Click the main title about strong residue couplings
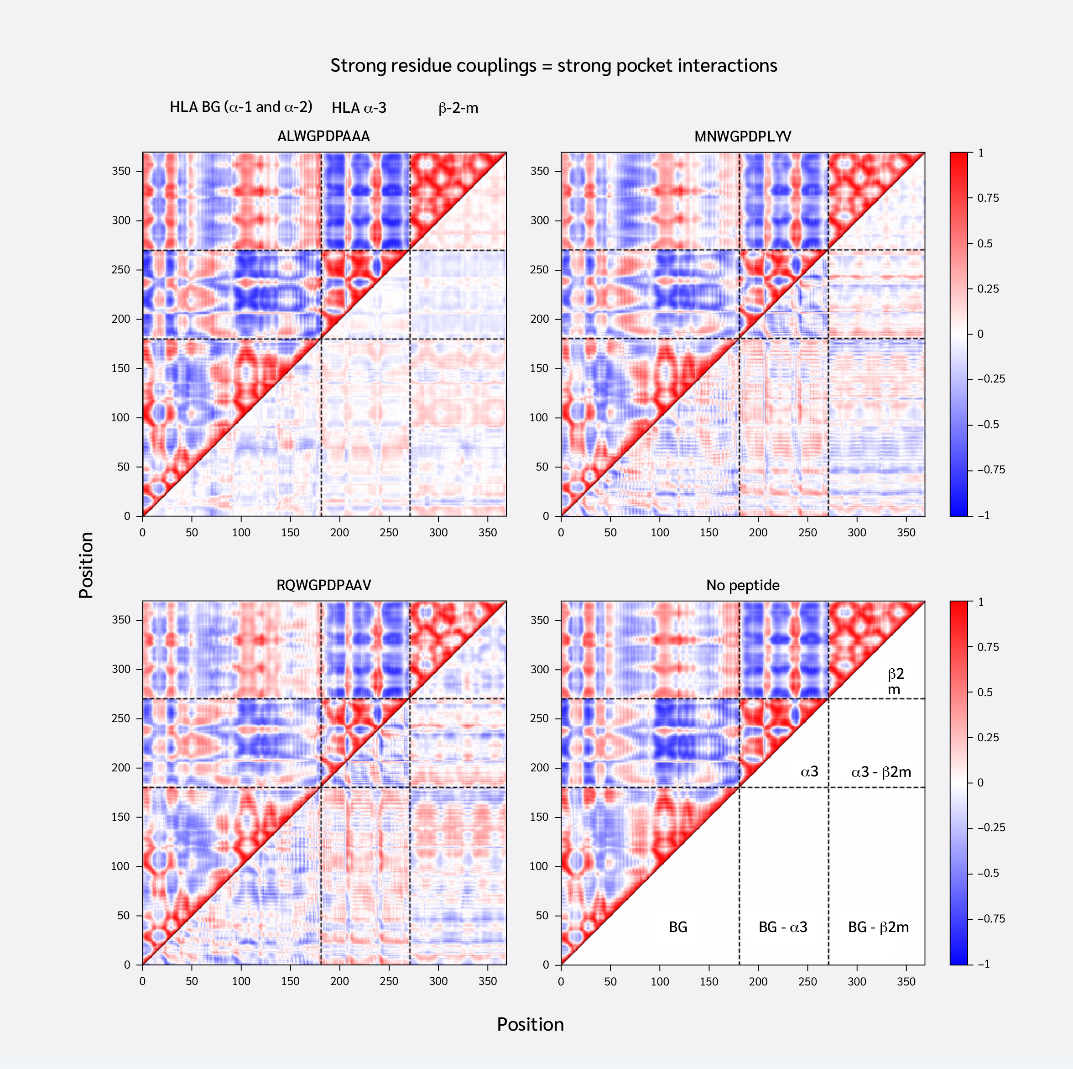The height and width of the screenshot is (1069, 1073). (x=553, y=66)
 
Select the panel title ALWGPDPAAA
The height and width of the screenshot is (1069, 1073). (x=323, y=136)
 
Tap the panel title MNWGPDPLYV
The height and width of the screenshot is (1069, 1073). (x=743, y=136)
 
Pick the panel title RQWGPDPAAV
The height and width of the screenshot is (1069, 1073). (x=323, y=585)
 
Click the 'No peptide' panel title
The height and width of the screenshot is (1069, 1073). (x=743, y=585)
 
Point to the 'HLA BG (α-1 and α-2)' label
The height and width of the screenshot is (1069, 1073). (x=241, y=107)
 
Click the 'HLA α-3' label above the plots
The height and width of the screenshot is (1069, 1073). (x=359, y=108)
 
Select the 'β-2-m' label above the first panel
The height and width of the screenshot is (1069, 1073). (x=458, y=108)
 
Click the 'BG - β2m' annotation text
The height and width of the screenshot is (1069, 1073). (x=878, y=927)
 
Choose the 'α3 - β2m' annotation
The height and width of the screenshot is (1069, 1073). (x=881, y=772)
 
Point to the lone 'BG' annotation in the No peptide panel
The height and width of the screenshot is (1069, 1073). (x=677, y=927)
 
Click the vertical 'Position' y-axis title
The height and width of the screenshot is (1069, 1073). (x=86, y=565)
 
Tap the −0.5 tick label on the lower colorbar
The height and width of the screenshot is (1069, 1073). (x=988, y=873)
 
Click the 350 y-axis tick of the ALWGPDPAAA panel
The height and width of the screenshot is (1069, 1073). (x=121, y=171)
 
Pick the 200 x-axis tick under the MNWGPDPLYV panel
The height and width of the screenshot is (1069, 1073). (x=758, y=532)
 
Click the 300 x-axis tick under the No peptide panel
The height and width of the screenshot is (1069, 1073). (x=857, y=981)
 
